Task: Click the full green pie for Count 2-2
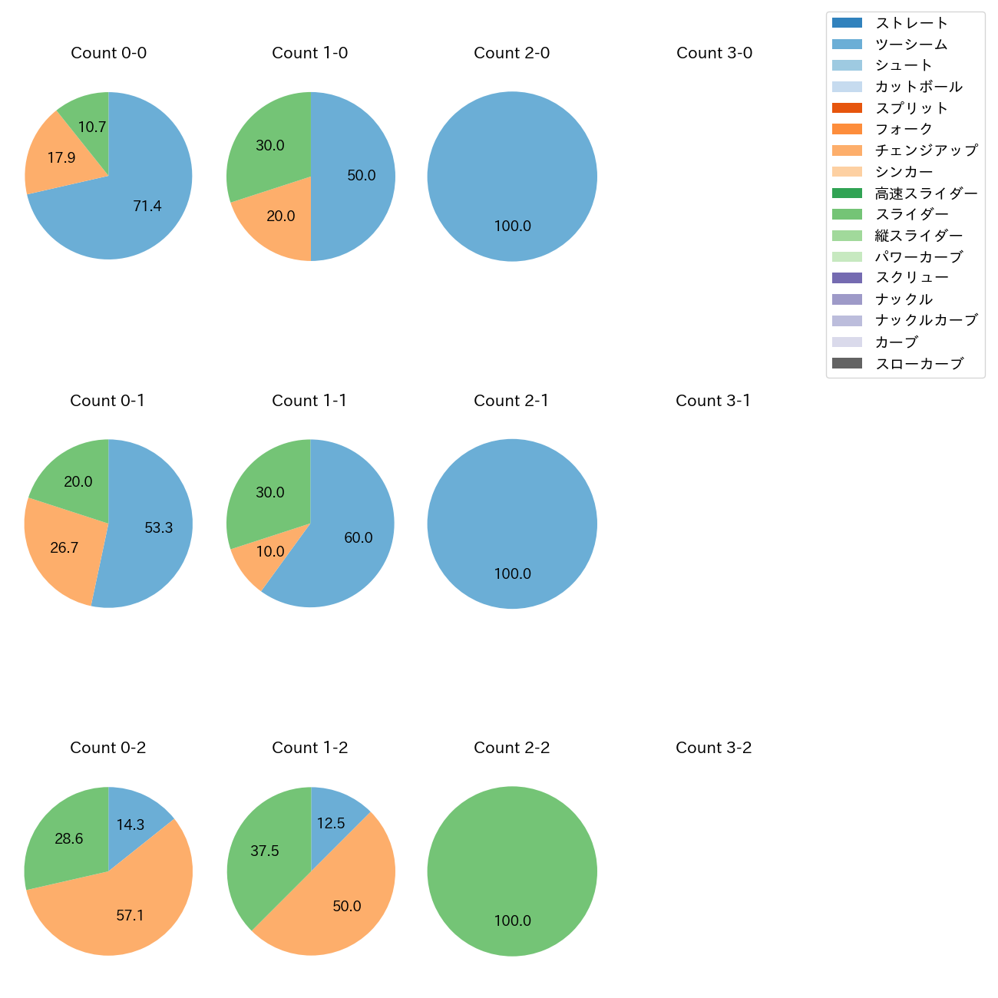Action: coord(512,871)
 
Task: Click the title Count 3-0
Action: coord(714,53)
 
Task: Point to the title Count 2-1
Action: coord(511,401)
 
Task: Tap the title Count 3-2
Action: coord(713,748)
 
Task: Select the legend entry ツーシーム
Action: coord(910,45)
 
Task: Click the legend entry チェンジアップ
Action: coord(926,150)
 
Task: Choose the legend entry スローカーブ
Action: coord(918,364)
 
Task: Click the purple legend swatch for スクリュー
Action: coord(847,278)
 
